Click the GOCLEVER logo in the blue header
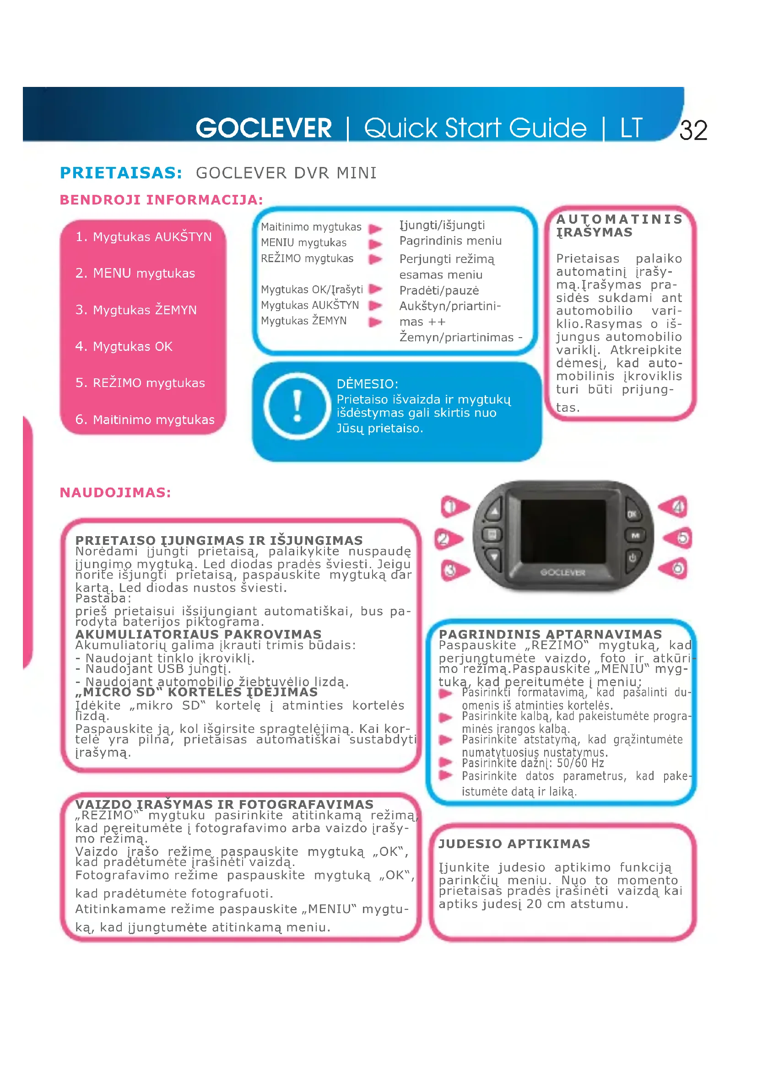point(263,128)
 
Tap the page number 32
point(693,130)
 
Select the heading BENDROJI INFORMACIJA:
point(161,200)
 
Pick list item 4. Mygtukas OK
point(124,346)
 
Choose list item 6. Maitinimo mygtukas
point(145,419)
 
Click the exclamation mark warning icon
point(297,406)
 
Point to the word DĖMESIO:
point(368,384)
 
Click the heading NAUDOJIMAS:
point(115,493)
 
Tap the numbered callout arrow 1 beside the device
point(454,506)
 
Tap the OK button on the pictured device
point(632,514)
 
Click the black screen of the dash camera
point(562,531)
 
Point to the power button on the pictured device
point(632,557)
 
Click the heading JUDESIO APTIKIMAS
point(514,844)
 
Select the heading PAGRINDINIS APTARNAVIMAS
point(550,634)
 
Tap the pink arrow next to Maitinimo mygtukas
point(375,228)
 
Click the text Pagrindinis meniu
point(450,241)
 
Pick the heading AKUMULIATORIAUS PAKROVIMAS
point(198,634)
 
